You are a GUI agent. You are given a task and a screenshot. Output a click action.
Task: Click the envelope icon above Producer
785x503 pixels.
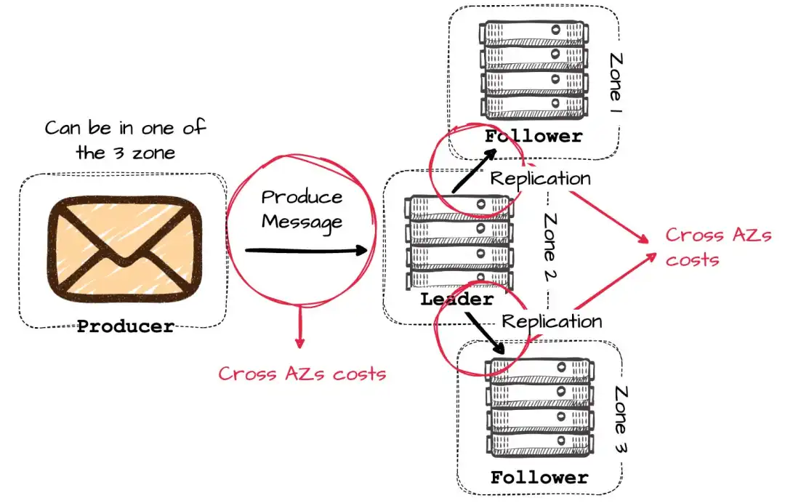tap(125, 249)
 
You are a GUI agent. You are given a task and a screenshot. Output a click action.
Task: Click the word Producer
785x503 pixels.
tap(126, 326)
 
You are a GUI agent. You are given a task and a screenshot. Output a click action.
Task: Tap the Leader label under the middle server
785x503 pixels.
tap(456, 299)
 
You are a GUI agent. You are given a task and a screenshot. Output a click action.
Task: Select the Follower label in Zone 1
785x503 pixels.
tap(534, 136)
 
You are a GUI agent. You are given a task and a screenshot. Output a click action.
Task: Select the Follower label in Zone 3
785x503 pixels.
tap(539, 477)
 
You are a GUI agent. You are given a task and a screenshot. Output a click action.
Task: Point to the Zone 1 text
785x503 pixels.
tap(616, 83)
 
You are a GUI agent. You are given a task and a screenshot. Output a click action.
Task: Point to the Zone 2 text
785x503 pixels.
tap(550, 246)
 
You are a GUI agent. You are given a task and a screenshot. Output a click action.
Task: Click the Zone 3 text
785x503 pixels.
tap(621, 419)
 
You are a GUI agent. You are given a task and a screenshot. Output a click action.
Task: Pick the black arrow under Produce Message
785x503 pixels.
tap(306, 250)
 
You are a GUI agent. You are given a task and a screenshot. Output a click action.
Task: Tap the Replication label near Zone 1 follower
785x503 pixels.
tap(540, 179)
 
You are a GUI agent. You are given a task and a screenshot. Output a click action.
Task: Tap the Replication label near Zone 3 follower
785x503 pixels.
tap(552, 322)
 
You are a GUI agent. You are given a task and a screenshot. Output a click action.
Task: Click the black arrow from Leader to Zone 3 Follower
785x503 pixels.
tap(485, 333)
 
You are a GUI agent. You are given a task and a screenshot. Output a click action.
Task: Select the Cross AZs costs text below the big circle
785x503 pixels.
tap(302, 374)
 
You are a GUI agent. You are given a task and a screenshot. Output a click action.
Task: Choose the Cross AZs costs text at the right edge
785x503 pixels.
tap(718, 247)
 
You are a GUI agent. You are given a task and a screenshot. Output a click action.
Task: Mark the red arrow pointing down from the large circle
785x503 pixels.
tap(299, 326)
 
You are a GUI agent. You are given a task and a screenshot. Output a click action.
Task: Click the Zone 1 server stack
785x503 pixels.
tap(534, 70)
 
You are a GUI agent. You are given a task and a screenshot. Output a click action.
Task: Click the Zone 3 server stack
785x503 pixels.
tap(539, 407)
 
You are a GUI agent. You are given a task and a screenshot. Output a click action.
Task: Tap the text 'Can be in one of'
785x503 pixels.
tap(125, 128)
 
